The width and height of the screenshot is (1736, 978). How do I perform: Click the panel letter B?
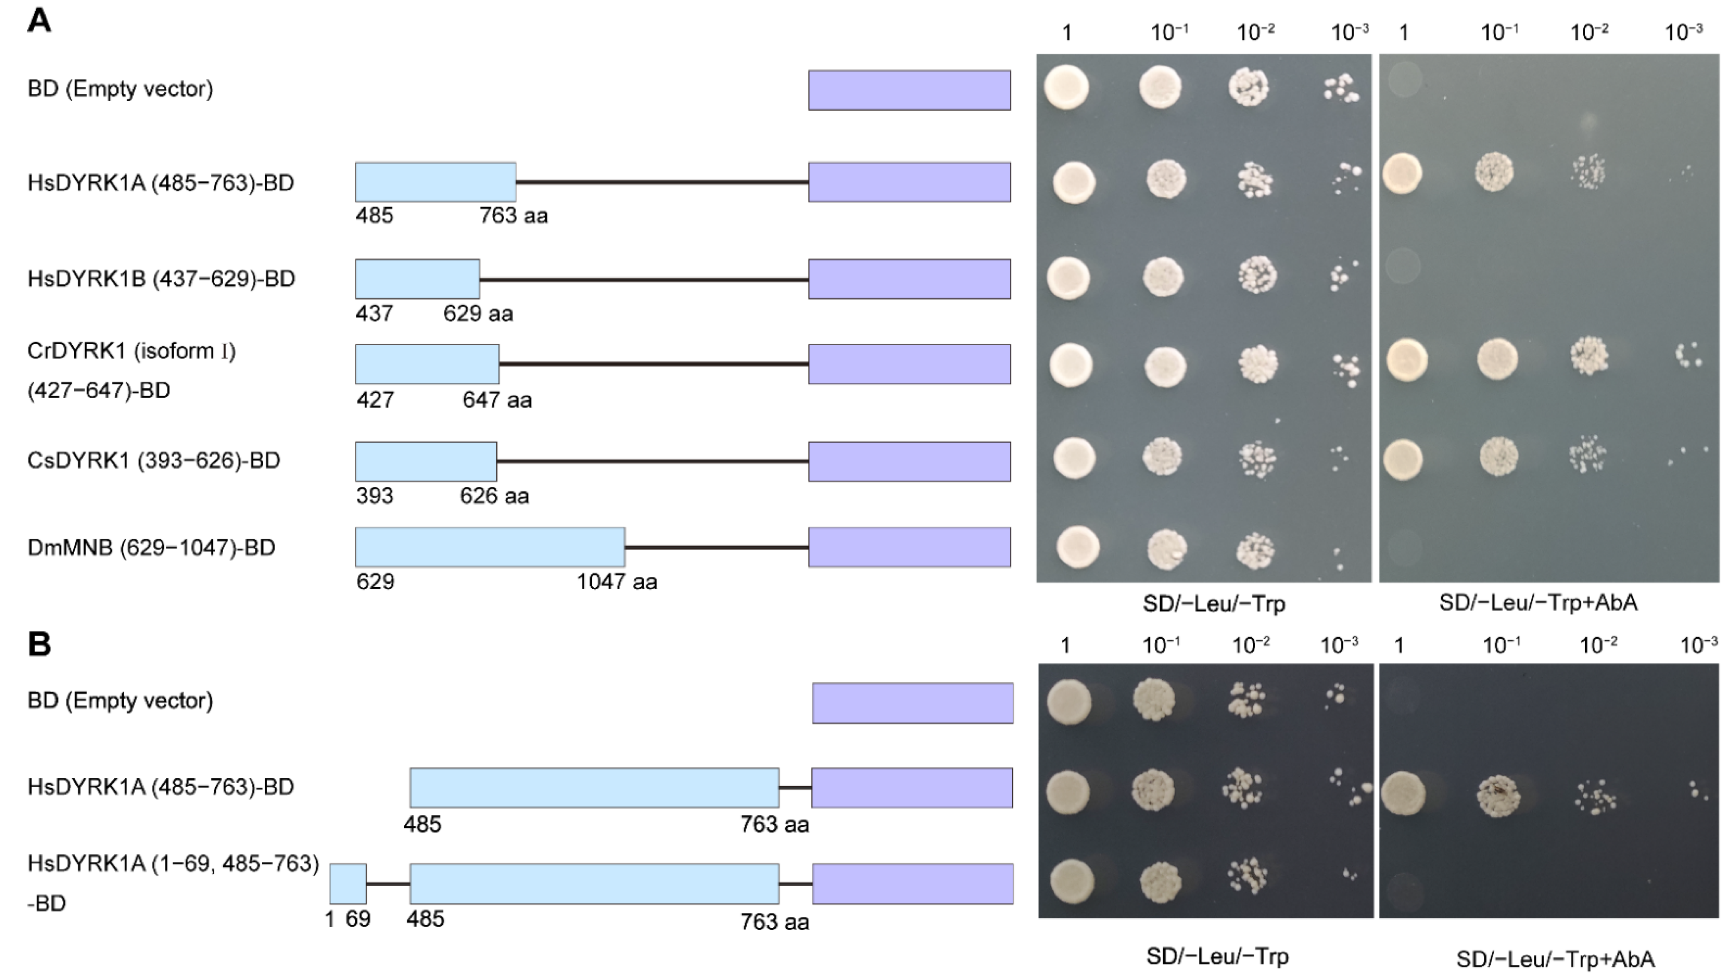(x=39, y=644)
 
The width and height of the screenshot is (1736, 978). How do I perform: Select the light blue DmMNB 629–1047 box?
(x=490, y=547)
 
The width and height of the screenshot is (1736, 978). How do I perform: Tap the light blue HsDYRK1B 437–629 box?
(x=417, y=279)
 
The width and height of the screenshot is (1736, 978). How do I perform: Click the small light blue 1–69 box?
(x=348, y=884)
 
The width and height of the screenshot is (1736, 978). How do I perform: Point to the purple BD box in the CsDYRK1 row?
(x=909, y=462)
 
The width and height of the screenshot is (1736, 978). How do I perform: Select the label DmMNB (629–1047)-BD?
(x=152, y=548)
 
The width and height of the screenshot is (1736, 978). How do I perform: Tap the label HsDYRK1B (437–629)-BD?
(x=161, y=279)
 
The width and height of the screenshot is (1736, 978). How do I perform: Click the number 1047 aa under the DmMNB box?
(x=616, y=582)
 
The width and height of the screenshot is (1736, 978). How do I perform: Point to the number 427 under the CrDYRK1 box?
(x=375, y=400)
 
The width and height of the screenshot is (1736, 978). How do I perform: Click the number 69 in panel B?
(x=358, y=919)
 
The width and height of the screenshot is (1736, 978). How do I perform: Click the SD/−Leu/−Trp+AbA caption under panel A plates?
(x=1538, y=602)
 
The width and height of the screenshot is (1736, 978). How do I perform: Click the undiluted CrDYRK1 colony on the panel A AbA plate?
(x=1407, y=359)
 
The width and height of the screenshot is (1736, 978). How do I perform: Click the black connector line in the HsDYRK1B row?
(x=643, y=279)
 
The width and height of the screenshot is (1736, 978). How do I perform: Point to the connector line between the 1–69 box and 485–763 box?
(x=388, y=884)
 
